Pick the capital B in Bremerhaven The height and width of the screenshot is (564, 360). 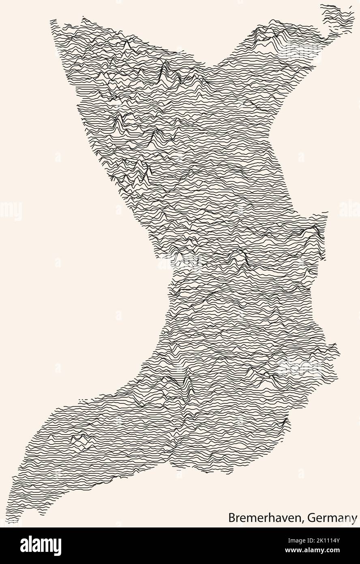pos(231,517)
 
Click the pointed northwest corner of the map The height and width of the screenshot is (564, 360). pos(52,21)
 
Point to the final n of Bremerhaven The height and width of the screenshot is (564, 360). pos(300,518)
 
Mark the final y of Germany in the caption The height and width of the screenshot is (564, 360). pos(355,519)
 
